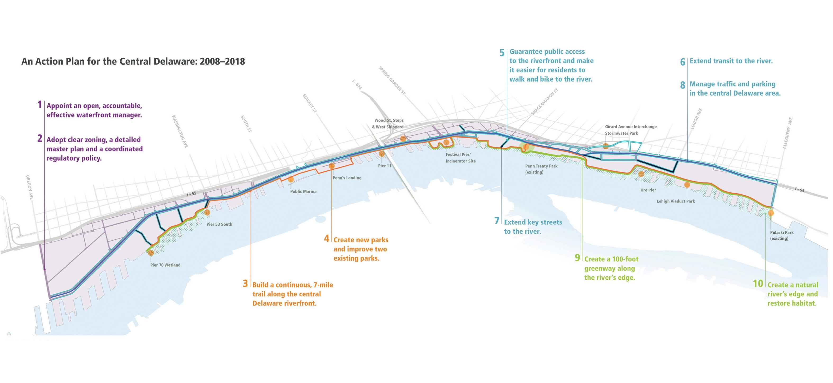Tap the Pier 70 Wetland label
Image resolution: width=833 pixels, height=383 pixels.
(x=165, y=265)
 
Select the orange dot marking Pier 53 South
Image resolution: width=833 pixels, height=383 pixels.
(x=207, y=212)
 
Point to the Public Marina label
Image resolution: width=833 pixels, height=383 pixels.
(x=303, y=191)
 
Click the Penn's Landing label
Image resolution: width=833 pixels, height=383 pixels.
(x=347, y=178)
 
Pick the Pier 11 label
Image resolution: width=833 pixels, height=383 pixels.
(x=384, y=166)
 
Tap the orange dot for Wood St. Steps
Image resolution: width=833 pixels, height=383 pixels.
(x=403, y=139)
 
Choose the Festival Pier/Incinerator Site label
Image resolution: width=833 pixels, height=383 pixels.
(x=460, y=158)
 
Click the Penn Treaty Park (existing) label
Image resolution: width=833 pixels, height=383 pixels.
(x=541, y=169)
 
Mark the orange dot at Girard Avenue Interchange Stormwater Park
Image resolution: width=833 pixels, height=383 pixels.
(x=606, y=146)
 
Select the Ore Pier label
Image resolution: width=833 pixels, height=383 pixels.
(x=648, y=190)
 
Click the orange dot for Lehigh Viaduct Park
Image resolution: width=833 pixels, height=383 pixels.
(x=687, y=185)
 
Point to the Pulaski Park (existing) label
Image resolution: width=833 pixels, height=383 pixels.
(x=782, y=235)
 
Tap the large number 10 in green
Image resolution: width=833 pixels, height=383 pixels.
(x=758, y=284)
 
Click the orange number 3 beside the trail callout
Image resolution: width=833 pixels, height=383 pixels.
(x=246, y=284)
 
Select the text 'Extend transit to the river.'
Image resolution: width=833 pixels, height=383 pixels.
(x=731, y=61)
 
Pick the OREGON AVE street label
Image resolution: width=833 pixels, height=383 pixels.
(x=29, y=188)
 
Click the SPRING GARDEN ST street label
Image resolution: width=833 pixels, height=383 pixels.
(x=392, y=80)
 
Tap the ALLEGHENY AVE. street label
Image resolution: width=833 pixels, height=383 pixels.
(x=787, y=133)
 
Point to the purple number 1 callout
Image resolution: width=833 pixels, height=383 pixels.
(x=39, y=104)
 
